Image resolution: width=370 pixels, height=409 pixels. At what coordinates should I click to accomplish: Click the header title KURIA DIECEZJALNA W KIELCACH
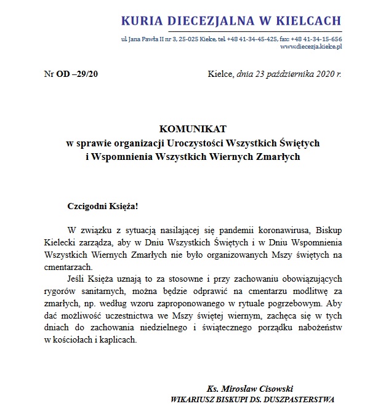click(x=231, y=22)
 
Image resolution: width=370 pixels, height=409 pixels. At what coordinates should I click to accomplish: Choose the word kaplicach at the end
click(x=117, y=341)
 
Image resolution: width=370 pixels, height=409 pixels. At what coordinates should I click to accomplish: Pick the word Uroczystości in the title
click(x=183, y=143)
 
